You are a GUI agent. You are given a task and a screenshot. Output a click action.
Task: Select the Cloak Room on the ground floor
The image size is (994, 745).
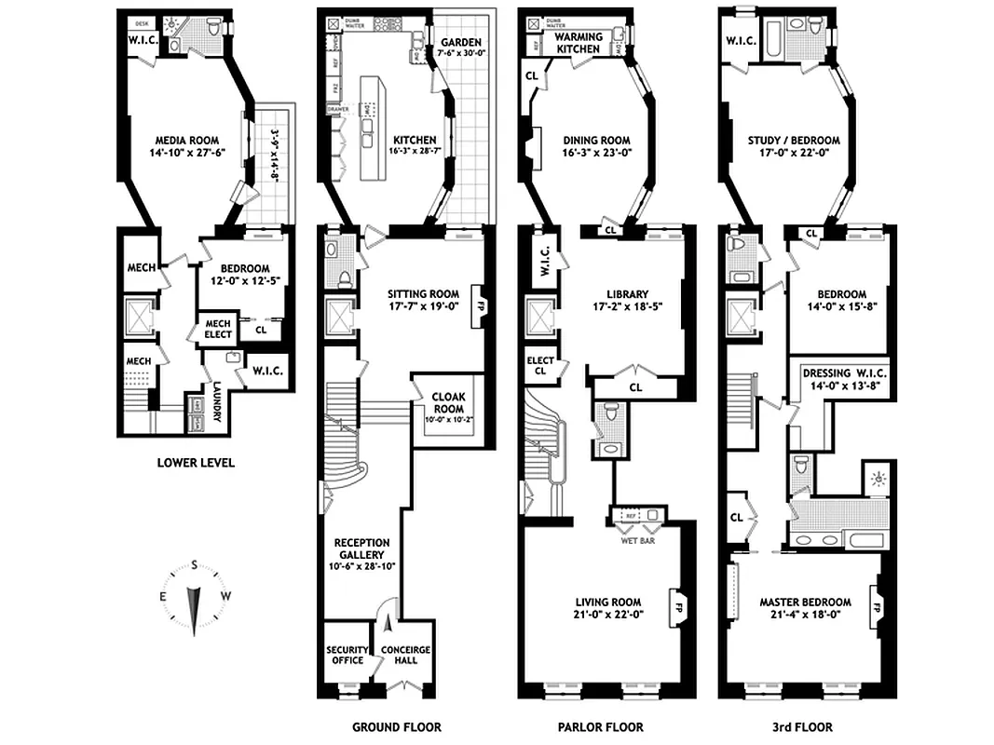[447, 407]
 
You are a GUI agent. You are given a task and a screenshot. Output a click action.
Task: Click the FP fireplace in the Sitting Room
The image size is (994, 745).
[482, 304]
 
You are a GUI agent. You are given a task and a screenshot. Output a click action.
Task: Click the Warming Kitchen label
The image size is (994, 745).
[579, 43]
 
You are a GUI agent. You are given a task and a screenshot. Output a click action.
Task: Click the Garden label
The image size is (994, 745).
[461, 43]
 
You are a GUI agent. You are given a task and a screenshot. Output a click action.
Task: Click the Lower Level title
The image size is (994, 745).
[196, 462]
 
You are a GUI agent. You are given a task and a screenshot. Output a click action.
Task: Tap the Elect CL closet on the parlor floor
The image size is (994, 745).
[540, 365]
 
